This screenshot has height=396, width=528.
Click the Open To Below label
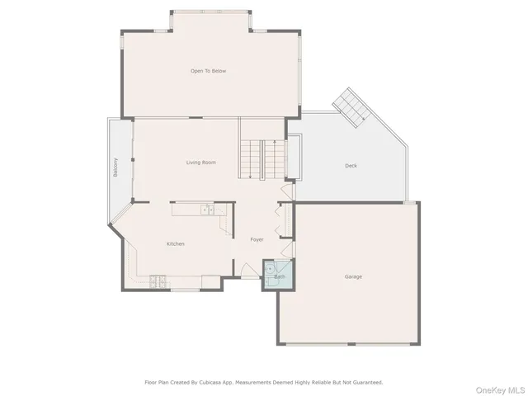(208, 71)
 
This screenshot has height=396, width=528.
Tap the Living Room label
(201, 163)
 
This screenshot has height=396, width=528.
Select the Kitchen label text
(175, 243)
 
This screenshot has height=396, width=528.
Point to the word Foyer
(257, 239)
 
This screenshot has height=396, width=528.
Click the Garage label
(353, 276)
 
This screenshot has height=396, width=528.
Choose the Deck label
(351, 166)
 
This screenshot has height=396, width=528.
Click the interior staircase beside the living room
(262, 158)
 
